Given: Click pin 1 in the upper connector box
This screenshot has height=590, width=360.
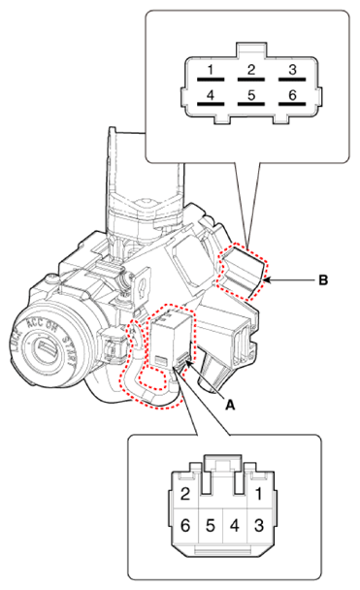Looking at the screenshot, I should [210, 69].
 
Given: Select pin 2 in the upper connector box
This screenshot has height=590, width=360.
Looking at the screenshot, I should [250, 69].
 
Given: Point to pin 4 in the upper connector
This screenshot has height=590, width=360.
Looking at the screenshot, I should [210, 97].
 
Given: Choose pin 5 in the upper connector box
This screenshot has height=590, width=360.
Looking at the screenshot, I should [250, 97].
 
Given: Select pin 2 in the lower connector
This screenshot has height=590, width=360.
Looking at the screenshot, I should [183, 492].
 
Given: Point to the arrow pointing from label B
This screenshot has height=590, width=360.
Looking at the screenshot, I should [291, 281].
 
